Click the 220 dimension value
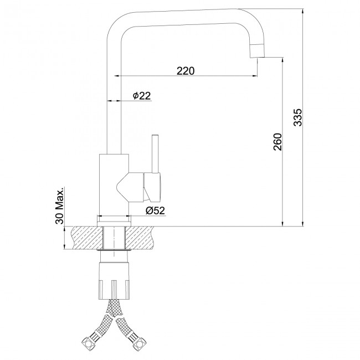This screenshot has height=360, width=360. pos(186,71)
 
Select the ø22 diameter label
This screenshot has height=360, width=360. pos(142,95)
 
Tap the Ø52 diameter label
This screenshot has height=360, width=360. pos(156,210)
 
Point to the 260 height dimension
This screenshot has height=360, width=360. pos(277,142)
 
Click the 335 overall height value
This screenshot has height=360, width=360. pos(298,117)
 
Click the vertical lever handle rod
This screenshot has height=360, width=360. pos(156,153)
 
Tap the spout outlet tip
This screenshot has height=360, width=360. pos(258,51)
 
